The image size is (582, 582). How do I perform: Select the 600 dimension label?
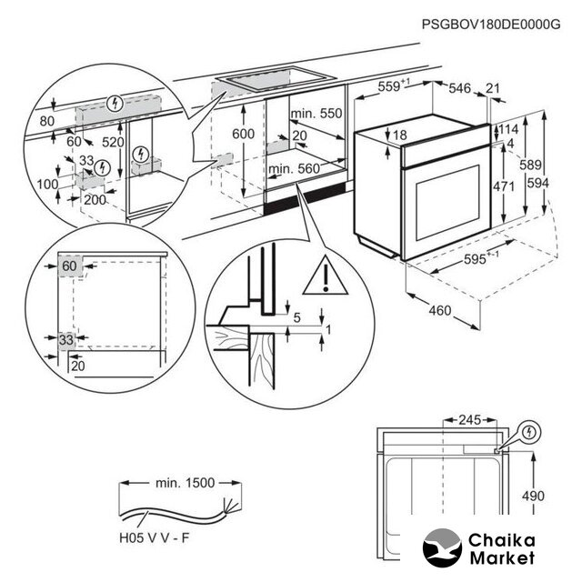point(243,133)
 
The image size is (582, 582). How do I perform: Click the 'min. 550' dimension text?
point(316,114)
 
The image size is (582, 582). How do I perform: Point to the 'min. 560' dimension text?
point(295,168)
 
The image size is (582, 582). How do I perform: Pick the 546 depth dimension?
point(461,88)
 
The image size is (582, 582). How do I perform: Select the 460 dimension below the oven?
point(440,312)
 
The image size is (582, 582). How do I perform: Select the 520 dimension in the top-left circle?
point(113,142)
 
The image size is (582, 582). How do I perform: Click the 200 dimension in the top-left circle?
point(95,198)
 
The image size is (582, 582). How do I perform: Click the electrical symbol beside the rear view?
point(529,431)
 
